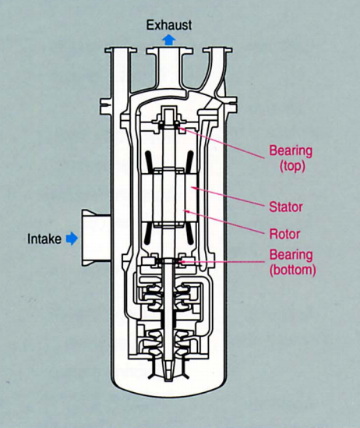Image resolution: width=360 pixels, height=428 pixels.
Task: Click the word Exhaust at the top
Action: point(169,25)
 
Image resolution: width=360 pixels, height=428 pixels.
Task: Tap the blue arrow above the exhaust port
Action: point(169,40)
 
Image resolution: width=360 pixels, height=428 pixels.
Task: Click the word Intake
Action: point(44,239)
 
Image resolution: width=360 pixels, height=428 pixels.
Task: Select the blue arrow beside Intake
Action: point(72,239)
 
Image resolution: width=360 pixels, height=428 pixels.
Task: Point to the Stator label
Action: point(286,207)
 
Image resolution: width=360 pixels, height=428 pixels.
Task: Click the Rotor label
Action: point(284,234)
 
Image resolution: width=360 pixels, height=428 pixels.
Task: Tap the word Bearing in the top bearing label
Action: point(291,151)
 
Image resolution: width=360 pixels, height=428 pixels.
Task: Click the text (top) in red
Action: point(292,166)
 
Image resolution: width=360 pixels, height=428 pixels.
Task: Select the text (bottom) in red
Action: point(293,271)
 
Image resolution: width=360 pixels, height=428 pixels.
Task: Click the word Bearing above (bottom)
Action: point(291,255)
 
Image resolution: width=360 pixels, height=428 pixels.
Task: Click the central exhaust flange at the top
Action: point(169,51)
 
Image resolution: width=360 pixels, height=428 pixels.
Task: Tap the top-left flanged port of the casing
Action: point(121,51)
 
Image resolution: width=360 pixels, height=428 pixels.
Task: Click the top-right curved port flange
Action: point(217,51)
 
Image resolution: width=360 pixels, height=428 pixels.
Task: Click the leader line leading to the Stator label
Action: point(228,196)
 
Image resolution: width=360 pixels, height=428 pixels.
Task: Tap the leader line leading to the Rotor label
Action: point(224,222)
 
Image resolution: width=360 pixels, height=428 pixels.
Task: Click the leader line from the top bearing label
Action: point(222,143)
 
